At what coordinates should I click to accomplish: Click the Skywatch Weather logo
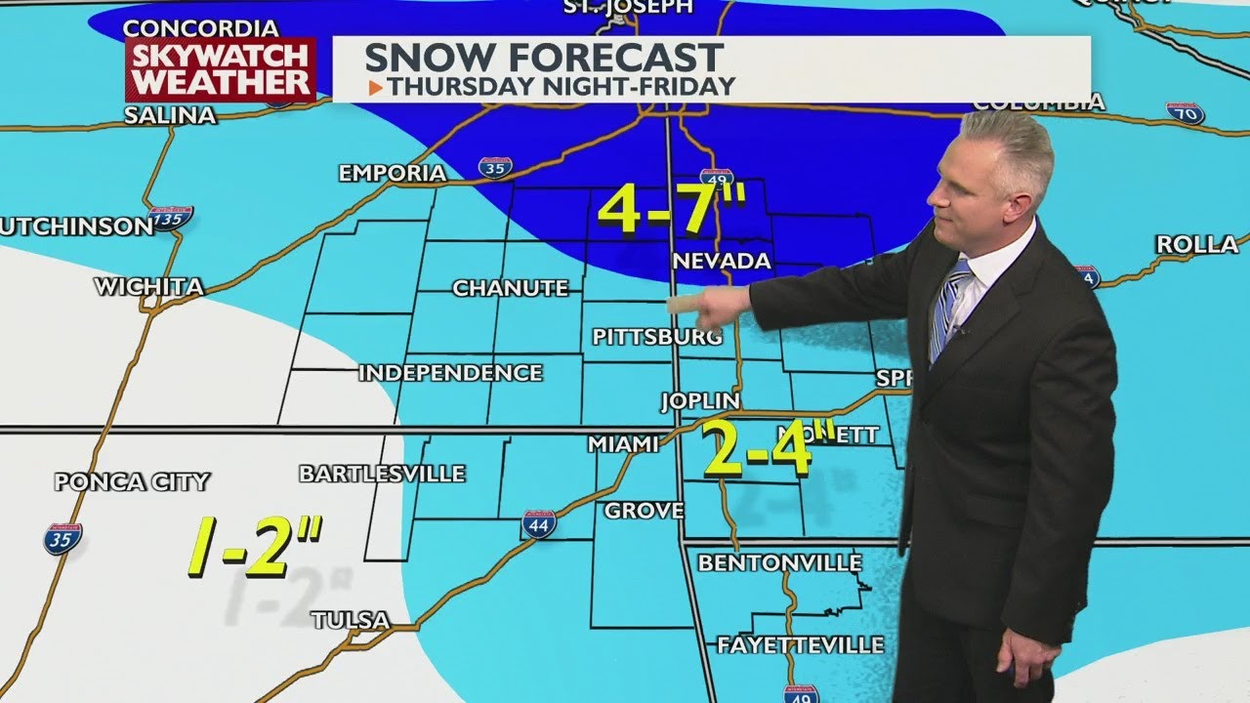220,68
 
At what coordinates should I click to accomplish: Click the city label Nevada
722,261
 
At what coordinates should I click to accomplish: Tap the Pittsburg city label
656,337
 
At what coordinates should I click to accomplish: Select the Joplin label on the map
699,401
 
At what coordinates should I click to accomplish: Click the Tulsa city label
350,620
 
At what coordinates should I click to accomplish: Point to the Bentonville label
779,563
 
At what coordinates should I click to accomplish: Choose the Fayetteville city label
800,645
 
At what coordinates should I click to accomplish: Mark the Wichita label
148,287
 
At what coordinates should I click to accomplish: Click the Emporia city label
392,174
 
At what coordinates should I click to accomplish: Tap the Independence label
449,373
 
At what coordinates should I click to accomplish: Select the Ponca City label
132,481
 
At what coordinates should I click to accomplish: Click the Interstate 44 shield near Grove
538,524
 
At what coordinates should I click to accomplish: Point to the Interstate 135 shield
171,218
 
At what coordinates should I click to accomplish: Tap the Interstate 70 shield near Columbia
1185,113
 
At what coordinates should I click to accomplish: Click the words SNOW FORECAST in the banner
544,58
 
